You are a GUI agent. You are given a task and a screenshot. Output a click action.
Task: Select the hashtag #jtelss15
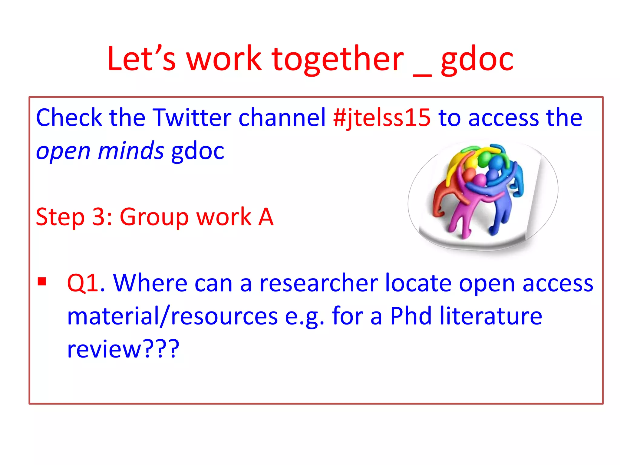382,118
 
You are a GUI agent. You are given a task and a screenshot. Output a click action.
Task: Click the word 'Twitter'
192,117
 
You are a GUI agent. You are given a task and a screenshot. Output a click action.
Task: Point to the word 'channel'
282,117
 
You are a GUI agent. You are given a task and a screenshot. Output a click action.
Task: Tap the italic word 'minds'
131,150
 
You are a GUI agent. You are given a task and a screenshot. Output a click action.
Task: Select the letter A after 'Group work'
265,217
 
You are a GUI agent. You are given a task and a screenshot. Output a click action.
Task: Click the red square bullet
42,282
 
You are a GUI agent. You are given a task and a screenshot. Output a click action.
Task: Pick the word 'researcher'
319,283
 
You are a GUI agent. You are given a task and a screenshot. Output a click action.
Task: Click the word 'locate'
419,283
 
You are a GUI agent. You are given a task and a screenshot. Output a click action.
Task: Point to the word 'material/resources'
172,316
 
